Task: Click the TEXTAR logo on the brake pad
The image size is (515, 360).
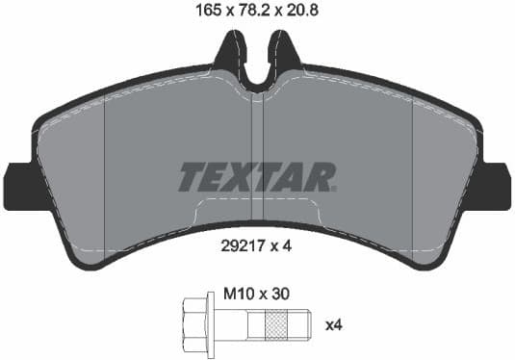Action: (x=257, y=176)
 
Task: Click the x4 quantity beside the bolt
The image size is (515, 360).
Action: (x=333, y=325)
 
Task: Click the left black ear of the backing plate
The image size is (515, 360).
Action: (x=18, y=185)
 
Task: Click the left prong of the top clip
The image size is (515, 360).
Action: (x=231, y=53)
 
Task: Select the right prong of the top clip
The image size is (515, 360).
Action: (x=283, y=53)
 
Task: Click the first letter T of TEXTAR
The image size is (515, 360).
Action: (x=192, y=176)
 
